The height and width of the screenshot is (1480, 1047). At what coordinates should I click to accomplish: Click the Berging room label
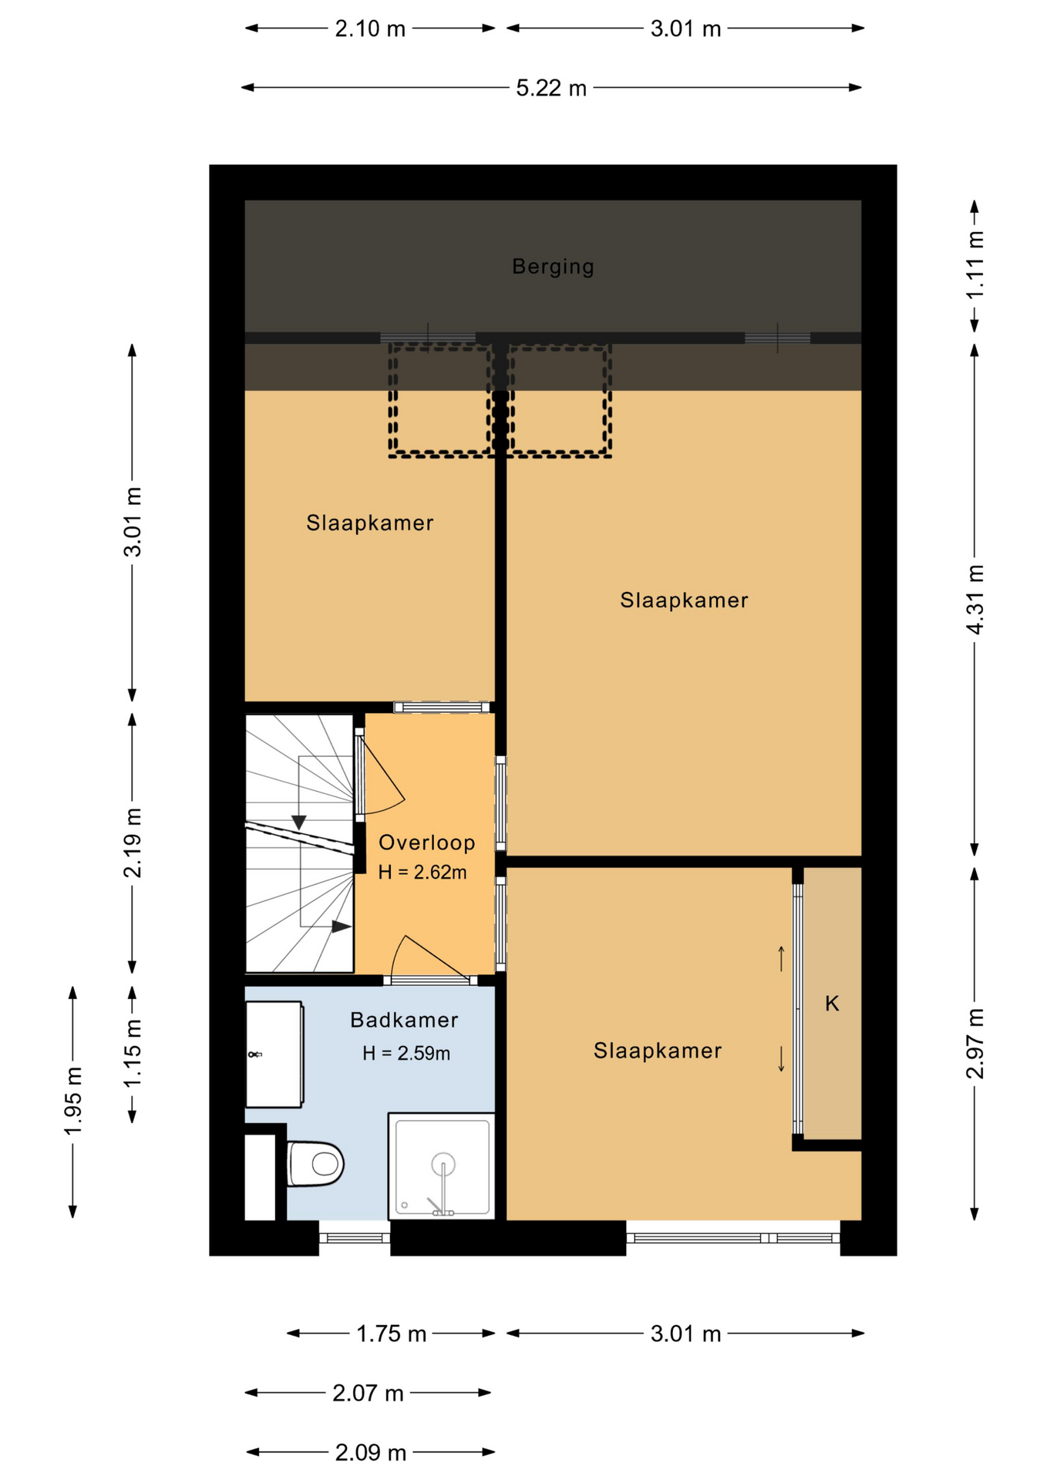(x=553, y=267)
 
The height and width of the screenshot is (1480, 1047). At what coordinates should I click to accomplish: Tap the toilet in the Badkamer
(x=315, y=1163)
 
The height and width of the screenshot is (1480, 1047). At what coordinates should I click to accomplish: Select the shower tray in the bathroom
(x=442, y=1166)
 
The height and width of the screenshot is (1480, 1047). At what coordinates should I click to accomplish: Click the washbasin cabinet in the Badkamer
(x=274, y=1054)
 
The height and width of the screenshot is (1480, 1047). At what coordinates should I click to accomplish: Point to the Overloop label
(x=426, y=843)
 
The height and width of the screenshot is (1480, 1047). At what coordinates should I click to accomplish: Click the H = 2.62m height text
(x=423, y=873)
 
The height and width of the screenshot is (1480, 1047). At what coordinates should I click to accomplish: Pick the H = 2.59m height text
(x=406, y=1053)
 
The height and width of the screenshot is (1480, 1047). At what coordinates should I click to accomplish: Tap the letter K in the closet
(x=832, y=1003)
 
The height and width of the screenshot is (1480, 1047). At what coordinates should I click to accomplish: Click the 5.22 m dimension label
(x=551, y=88)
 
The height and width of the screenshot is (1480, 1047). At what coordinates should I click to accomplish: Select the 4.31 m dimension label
(x=975, y=599)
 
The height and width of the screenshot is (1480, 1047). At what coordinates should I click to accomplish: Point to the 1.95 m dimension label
(x=73, y=1101)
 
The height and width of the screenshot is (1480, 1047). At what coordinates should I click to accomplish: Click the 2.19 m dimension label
(x=133, y=843)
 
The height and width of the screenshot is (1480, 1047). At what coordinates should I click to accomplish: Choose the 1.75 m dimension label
(x=391, y=1334)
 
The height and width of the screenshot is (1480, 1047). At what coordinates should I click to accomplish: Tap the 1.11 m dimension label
(x=975, y=266)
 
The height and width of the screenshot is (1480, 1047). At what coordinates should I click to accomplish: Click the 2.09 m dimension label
(x=370, y=1452)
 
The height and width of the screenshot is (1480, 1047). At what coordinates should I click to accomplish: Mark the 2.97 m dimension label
(x=975, y=1043)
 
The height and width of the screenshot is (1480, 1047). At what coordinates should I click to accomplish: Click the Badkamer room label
(x=404, y=1020)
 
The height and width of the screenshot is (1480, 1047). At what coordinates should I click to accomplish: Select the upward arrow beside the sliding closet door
(x=781, y=958)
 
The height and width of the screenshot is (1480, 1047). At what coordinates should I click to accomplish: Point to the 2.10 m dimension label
(x=370, y=29)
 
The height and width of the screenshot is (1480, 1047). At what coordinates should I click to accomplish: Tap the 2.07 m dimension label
(x=368, y=1393)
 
